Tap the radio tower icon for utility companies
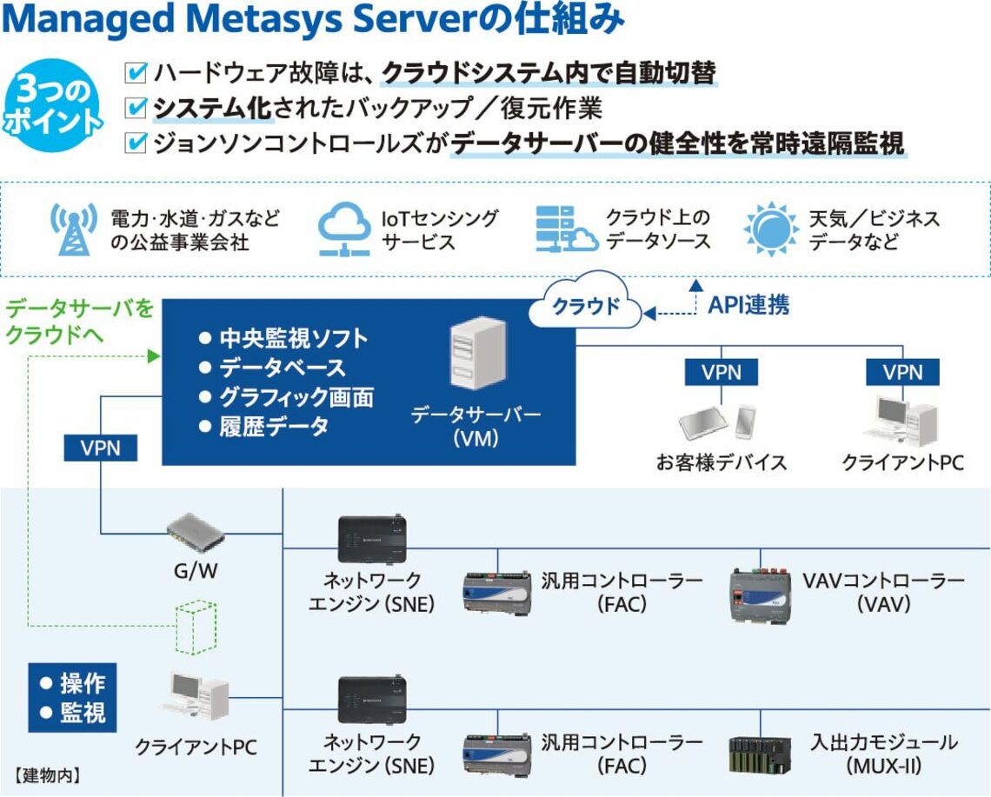click(73, 228)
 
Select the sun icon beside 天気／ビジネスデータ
click(771, 228)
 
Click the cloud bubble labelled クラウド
click(587, 306)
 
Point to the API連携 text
click(748, 305)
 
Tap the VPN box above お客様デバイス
click(721, 372)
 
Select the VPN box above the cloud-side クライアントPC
click(902, 372)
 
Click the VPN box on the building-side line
click(101, 448)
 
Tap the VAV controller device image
click(760, 593)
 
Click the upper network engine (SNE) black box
click(372, 539)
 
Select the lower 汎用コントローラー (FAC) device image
click(496, 753)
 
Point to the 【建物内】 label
click(47, 773)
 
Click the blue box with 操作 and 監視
click(72, 697)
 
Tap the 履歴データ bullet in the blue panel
click(264, 427)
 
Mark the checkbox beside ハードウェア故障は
click(136, 71)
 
